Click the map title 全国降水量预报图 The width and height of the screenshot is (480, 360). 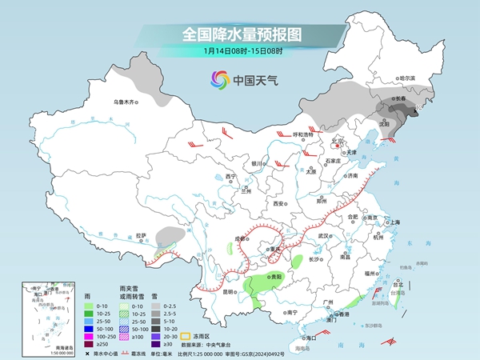point(239,34)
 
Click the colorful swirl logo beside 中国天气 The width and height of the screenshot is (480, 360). point(218,79)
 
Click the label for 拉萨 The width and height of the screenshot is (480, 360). point(142,235)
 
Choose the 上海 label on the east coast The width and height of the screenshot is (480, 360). point(394,222)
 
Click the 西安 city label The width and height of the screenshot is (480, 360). point(278,204)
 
